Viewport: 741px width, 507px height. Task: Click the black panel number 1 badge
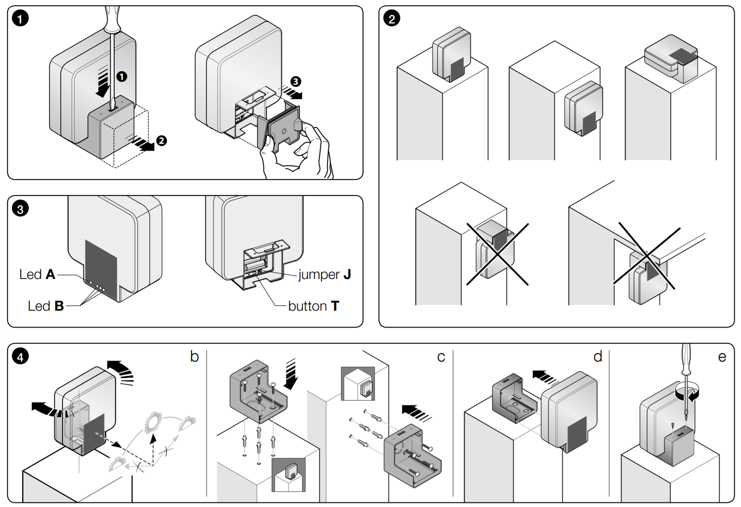(x=20, y=18)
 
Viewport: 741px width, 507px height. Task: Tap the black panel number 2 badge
(x=392, y=18)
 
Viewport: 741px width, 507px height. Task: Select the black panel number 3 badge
(x=20, y=209)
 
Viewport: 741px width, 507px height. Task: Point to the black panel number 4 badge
(x=20, y=357)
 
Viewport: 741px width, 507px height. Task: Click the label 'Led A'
(x=37, y=275)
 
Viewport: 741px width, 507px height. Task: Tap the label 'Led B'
(x=46, y=306)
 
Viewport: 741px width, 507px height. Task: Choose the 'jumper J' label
(x=324, y=275)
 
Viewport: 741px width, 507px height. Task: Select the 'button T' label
(x=314, y=306)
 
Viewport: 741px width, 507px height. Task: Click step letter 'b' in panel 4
(x=194, y=357)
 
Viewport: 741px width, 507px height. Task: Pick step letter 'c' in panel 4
(x=441, y=357)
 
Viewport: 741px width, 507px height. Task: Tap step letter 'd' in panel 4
(x=598, y=357)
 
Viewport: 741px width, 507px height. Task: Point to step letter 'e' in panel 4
(x=722, y=357)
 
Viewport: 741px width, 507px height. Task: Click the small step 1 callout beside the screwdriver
(x=122, y=77)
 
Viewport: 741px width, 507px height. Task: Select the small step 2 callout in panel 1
(x=161, y=141)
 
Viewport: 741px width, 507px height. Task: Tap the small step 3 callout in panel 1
(x=295, y=82)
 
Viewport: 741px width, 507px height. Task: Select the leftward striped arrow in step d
(x=546, y=378)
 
